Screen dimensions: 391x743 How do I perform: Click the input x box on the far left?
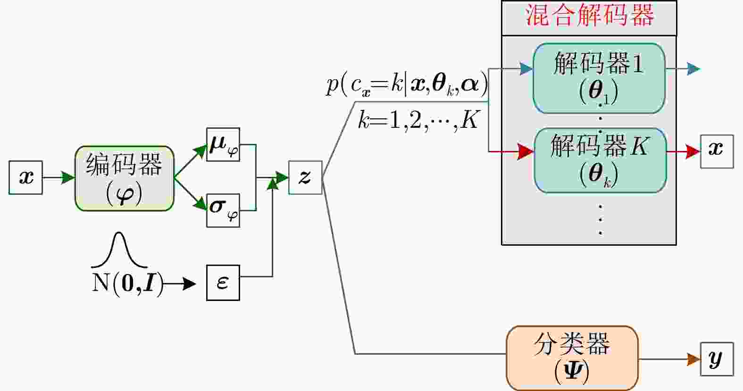(x=26, y=177)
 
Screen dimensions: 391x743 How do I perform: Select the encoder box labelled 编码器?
(x=124, y=178)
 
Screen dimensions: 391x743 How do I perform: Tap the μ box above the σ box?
(x=223, y=144)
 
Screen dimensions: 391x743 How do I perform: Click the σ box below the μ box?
(x=223, y=210)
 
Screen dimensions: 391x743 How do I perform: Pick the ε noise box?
(x=223, y=283)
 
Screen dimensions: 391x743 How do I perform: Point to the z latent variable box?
(x=305, y=177)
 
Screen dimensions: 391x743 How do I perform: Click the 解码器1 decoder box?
(x=599, y=78)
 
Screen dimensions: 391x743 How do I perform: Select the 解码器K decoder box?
(x=600, y=160)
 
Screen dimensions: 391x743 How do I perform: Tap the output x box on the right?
(x=717, y=151)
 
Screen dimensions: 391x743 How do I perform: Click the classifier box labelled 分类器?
(x=572, y=358)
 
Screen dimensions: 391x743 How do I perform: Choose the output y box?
(x=717, y=359)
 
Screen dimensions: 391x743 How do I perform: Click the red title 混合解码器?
(x=589, y=15)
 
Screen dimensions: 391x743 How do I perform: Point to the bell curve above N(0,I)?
(x=119, y=250)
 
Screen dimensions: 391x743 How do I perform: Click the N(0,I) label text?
(x=128, y=283)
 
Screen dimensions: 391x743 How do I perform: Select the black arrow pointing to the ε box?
(x=180, y=283)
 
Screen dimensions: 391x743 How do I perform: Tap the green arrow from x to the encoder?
(x=59, y=178)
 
